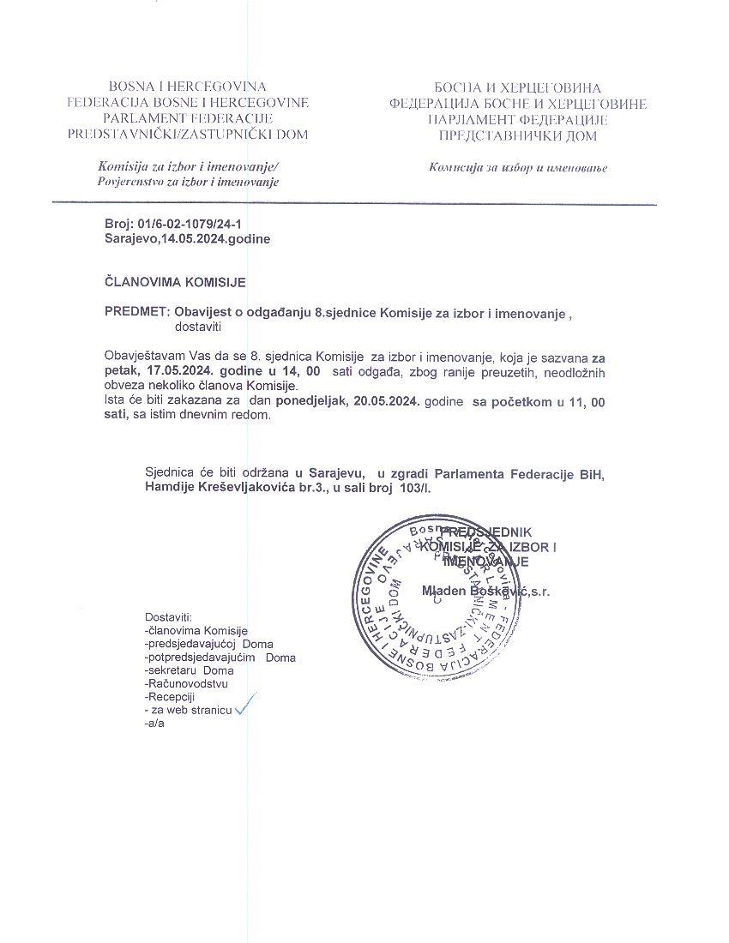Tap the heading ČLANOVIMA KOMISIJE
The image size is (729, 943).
175,282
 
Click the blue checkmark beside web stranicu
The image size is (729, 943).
245,705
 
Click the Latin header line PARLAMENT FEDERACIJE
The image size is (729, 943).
187,118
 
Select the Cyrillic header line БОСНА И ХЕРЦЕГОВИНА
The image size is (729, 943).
517,87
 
